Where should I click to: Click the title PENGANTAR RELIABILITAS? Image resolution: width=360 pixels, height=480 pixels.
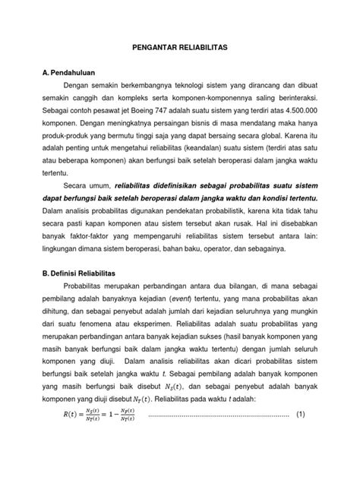click(180, 47)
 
